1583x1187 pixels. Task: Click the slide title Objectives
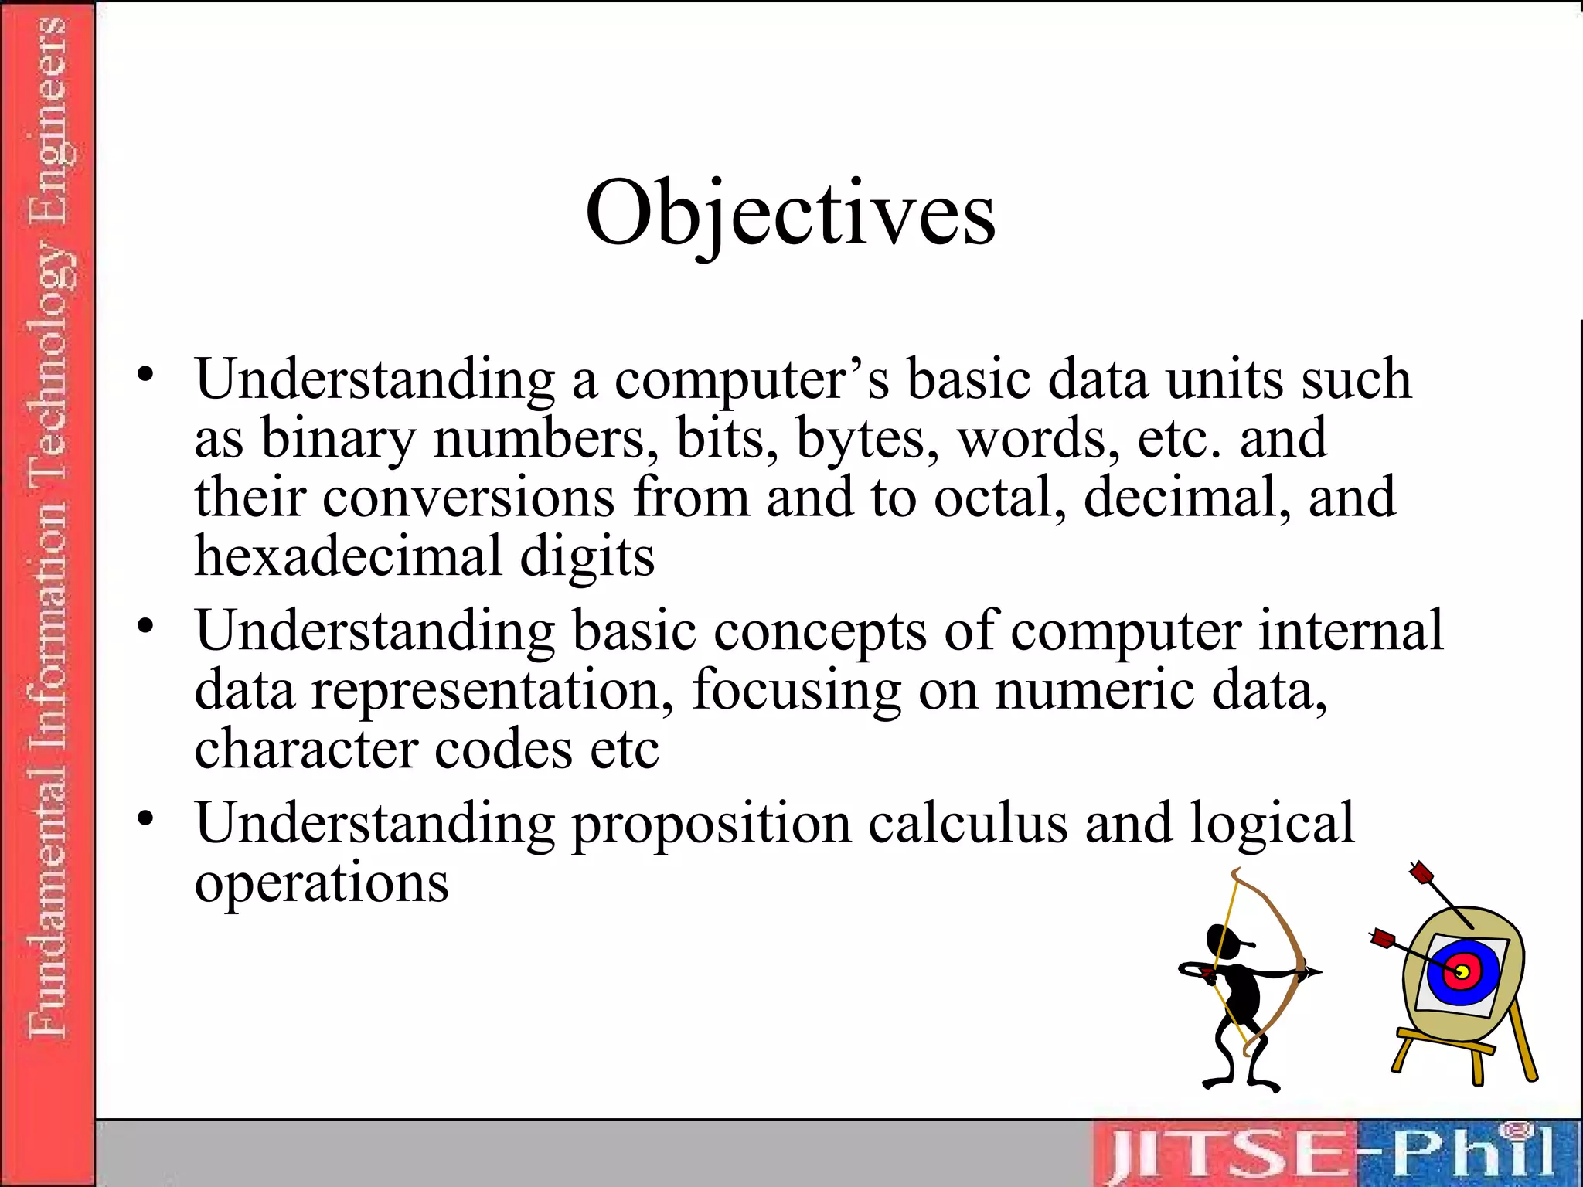pyautogui.click(x=790, y=213)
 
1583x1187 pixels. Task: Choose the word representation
pyautogui.click(x=492, y=690)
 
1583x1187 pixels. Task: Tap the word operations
pyautogui.click(x=321, y=883)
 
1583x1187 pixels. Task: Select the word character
pyautogui.click(x=306, y=749)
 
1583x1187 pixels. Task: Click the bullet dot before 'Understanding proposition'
pyautogui.click(x=146, y=818)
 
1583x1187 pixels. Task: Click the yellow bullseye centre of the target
pyautogui.click(x=1462, y=971)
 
